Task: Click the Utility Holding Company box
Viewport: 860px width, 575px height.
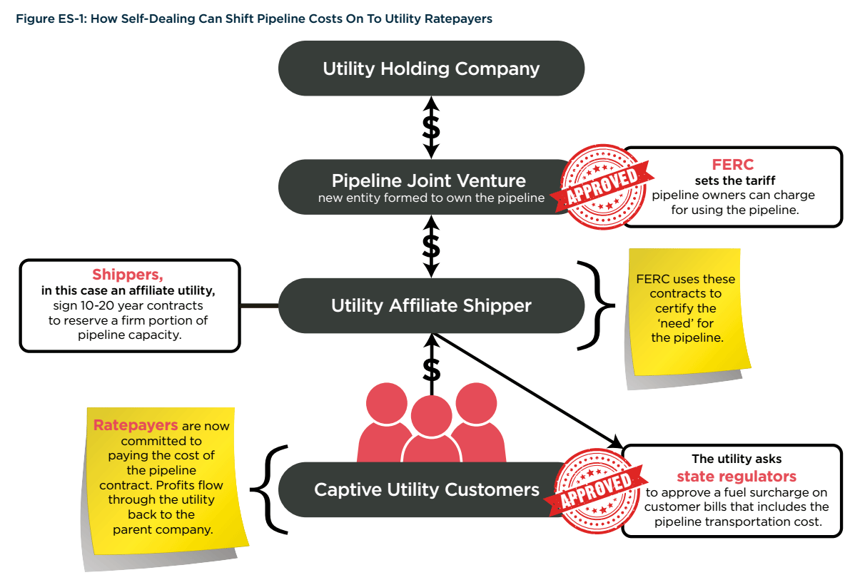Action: (431, 68)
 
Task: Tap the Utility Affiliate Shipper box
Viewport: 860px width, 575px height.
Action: (431, 306)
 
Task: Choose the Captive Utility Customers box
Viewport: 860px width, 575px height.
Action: (427, 489)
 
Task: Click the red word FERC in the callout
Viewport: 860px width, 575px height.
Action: (732, 166)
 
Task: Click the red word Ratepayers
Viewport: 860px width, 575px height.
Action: (136, 426)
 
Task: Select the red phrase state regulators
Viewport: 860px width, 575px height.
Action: (737, 476)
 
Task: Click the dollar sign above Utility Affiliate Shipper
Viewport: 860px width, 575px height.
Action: (431, 245)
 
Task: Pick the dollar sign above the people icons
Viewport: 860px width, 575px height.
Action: (431, 369)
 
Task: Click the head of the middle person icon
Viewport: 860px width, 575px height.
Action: (431, 414)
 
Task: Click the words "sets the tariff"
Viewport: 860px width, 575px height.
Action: (732, 180)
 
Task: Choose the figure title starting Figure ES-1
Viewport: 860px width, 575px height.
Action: (254, 19)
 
